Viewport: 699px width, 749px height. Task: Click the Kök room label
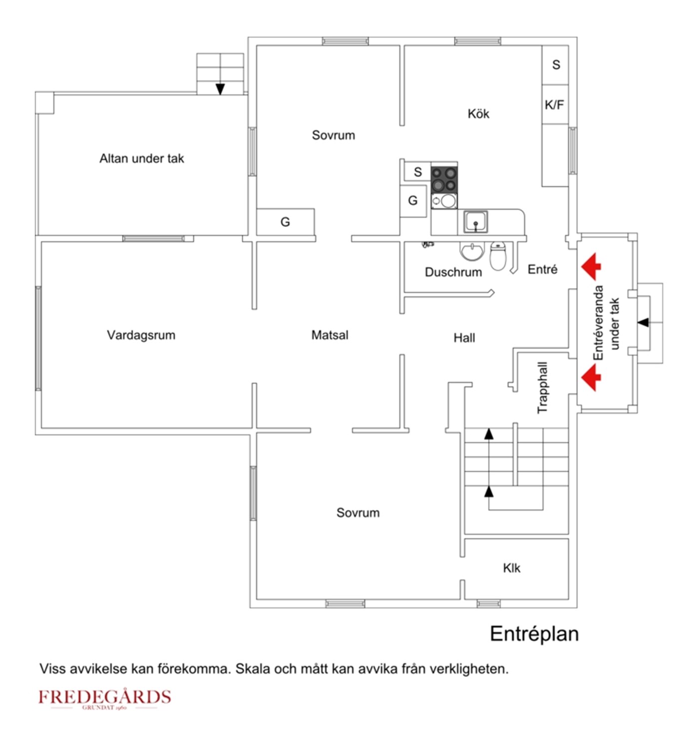(x=478, y=114)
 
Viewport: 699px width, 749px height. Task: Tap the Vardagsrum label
(x=141, y=335)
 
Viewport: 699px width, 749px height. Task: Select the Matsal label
(x=330, y=335)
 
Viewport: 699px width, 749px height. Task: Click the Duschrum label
(x=453, y=272)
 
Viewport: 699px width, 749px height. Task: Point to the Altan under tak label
(x=141, y=159)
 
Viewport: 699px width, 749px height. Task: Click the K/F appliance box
(x=555, y=105)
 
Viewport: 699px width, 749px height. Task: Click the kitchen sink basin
(x=475, y=221)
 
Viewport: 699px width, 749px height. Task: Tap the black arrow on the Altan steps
(x=220, y=89)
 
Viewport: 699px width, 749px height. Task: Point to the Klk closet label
(x=511, y=568)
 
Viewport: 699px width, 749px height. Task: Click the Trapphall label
(x=542, y=387)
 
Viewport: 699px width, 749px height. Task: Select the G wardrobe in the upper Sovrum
(x=285, y=222)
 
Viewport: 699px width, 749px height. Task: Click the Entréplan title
(x=534, y=634)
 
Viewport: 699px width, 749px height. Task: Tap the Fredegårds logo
(x=105, y=698)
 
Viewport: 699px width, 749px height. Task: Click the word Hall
(x=464, y=338)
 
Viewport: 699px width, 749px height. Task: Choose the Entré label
(x=542, y=270)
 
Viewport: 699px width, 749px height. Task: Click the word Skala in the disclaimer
(x=252, y=669)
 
